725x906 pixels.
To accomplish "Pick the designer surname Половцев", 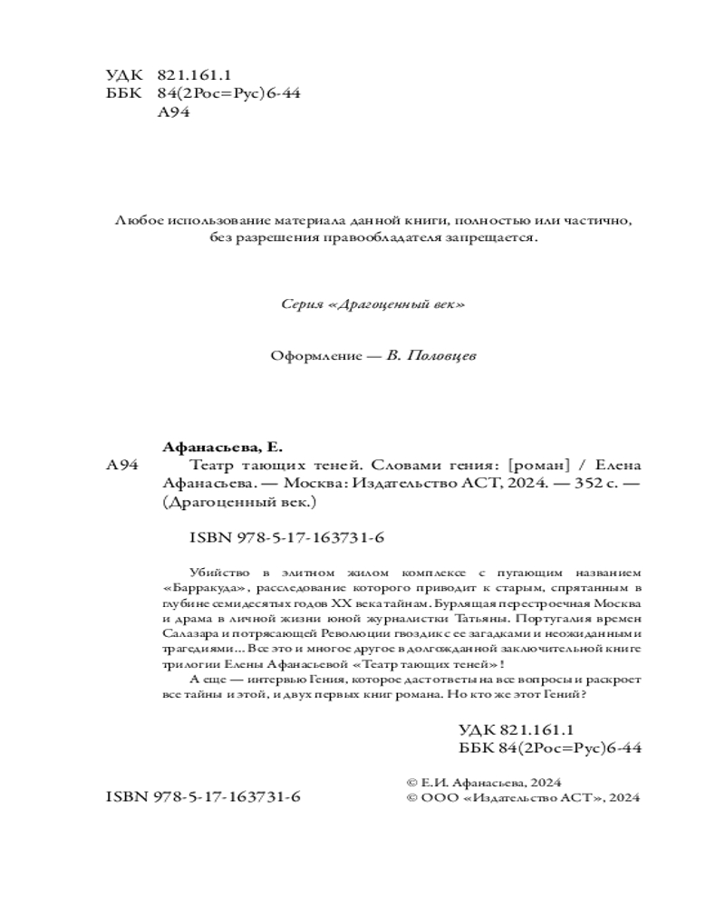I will click(440, 356).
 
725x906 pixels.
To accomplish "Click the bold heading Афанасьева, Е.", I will click(221, 448).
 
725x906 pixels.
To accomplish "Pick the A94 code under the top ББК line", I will click(173, 113).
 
